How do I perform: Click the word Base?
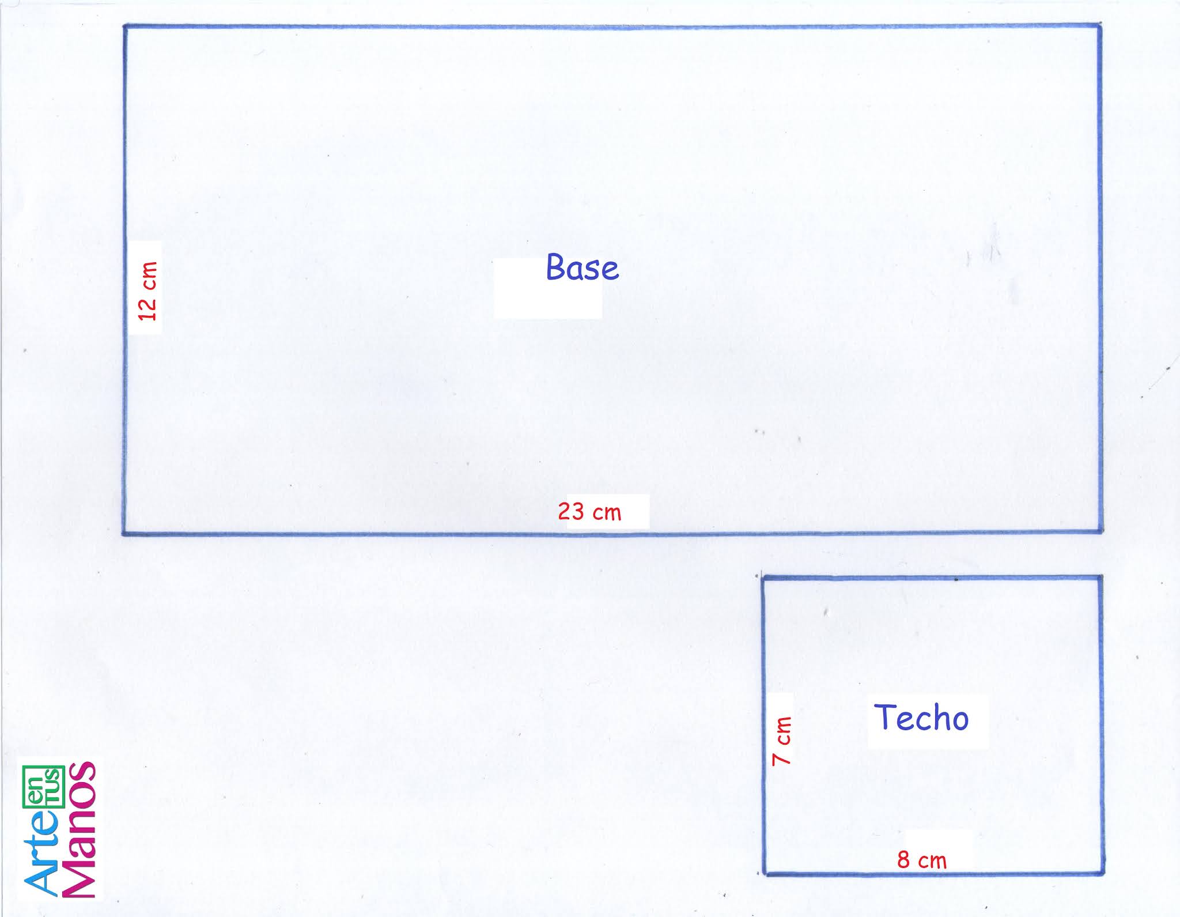pyautogui.click(x=582, y=268)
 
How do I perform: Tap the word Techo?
pyautogui.click(x=921, y=718)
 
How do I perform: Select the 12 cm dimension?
pyautogui.click(x=148, y=291)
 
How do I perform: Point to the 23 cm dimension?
pyautogui.click(x=589, y=512)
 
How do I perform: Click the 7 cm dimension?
pyautogui.click(x=782, y=741)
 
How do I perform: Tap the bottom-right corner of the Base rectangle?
pyautogui.click(x=1100, y=531)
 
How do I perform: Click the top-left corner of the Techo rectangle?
pyautogui.click(x=764, y=577)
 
